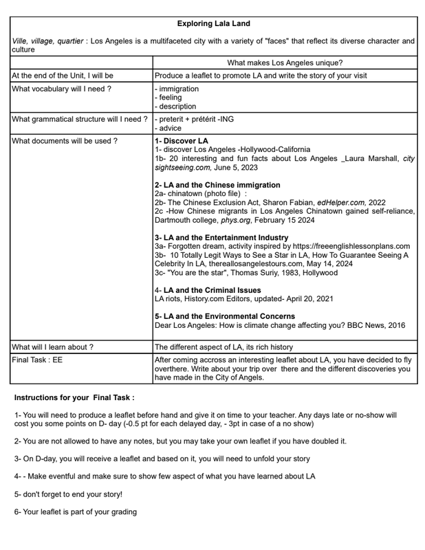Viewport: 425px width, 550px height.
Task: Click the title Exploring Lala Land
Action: [x=213, y=23]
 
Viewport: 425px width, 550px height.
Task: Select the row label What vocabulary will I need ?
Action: [x=61, y=89]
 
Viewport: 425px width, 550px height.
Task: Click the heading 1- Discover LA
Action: [x=182, y=141]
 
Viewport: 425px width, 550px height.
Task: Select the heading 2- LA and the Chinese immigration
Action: [x=217, y=185]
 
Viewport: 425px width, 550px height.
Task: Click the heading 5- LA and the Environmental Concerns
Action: [x=225, y=316]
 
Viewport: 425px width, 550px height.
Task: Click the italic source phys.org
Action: [x=235, y=221]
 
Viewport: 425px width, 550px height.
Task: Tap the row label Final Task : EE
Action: [x=37, y=360]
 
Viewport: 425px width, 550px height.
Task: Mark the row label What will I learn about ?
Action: [x=53, y=347]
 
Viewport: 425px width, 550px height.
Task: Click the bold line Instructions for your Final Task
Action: [x=74, y=397]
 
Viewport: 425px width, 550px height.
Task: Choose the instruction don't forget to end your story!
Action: [x=68, y=494]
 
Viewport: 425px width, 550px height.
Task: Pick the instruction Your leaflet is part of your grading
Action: [x=76, y=511]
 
